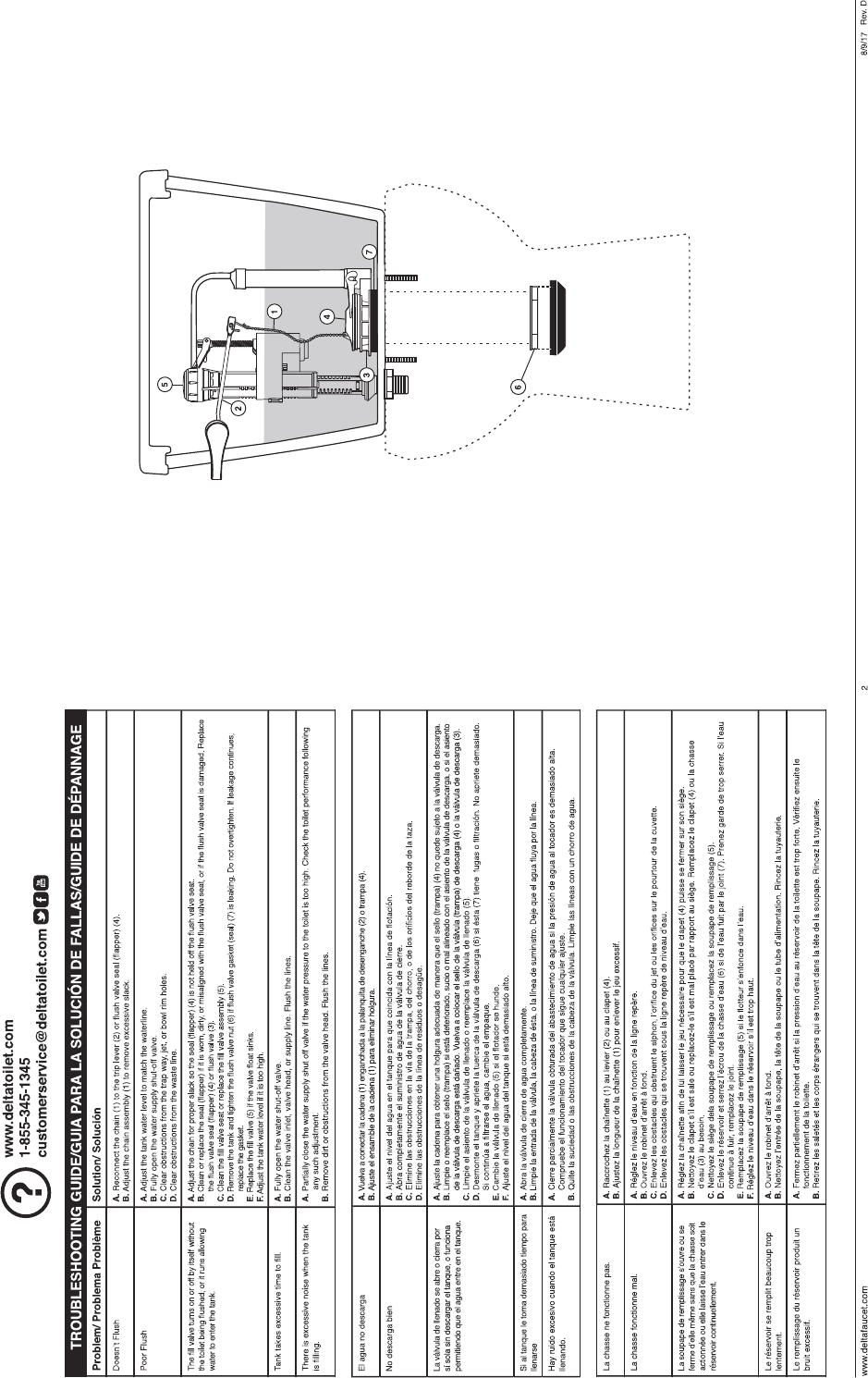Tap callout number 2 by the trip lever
(x=238, y=405)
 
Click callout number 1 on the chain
(x=275, y=311)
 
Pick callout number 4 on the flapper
(x=327, y=316)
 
